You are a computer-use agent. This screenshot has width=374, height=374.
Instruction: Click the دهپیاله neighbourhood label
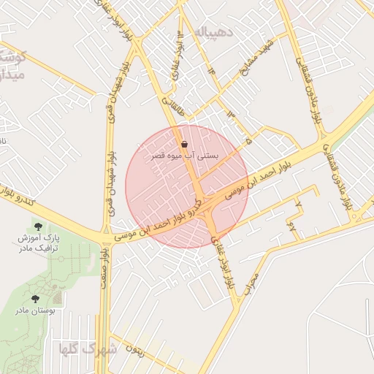(x=211, y=32)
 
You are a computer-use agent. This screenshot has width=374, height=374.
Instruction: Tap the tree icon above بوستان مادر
(x=35, y=298)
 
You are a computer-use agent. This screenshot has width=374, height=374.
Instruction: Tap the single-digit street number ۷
(x=298, y=200)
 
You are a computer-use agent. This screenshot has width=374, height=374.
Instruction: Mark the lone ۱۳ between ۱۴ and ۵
(x=232, y=114)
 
